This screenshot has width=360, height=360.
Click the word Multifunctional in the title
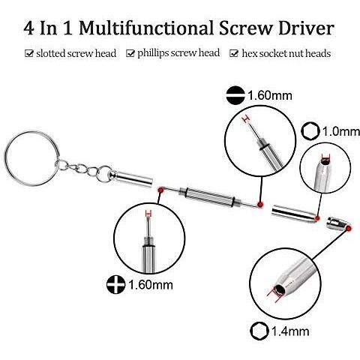coord(145,28)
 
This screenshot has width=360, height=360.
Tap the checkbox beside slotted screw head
coord(29,53)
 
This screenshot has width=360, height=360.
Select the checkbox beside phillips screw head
coord(130,53)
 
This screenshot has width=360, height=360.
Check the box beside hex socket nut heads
coord(234,53)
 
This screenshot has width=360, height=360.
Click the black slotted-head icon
coord(235,95)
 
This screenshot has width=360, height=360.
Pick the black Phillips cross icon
coord(115,284)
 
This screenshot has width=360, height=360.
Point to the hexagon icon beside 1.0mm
coord(310,131)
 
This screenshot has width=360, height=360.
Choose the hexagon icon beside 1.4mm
coord(259,331)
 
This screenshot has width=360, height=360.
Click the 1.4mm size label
coord(290,331)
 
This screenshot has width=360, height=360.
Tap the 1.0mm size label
coord(341,131)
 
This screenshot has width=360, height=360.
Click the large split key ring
coord(31,158)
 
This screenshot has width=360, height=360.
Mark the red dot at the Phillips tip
coord(160,190)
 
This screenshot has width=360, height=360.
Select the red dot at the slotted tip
coord(260,204)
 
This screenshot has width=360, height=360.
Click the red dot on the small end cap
coord(349,227)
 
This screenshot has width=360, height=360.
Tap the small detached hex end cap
coord(338,223)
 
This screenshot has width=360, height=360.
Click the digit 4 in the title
coord(29,28)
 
